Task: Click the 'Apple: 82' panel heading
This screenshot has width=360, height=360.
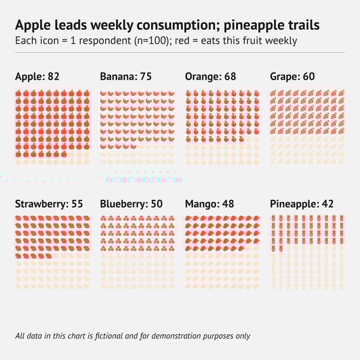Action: point(37,77)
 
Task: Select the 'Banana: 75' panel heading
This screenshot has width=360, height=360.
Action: point(125,77)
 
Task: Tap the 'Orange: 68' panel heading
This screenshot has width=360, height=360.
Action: point(211,77)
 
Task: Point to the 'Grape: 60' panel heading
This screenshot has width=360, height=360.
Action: point(292,77)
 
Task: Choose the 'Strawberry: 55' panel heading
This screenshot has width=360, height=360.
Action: point(49,204)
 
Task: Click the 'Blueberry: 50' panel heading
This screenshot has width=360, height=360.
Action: point(131,204)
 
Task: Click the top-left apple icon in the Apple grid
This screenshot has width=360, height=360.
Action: point(19,94)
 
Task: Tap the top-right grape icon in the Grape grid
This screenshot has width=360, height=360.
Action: point(341,94)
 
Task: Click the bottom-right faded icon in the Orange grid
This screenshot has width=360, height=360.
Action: point(256,162)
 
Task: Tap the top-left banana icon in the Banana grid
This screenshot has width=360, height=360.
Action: point(104,94)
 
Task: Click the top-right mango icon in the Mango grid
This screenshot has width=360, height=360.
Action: point(256,220)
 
